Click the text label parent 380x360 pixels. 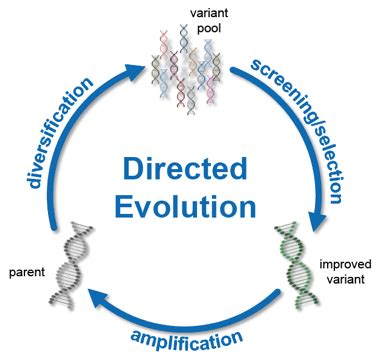tap(24, 271)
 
